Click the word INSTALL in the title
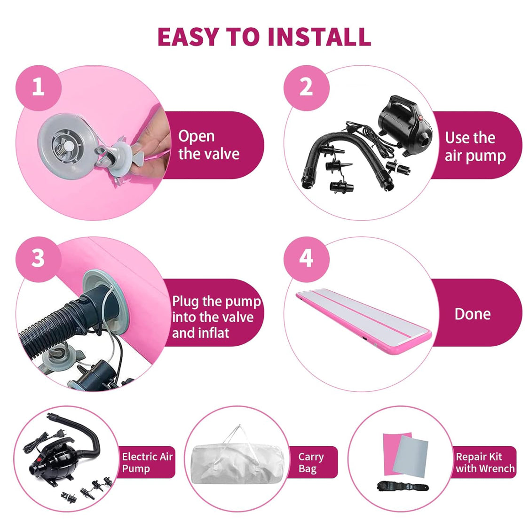pyautogui.click(x=319, y=37)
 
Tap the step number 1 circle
pyautogui.click(x=39, y=87)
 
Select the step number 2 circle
pyautogui.click(x=306, y=87)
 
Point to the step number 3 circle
pyautogui.click(x=39, y=259)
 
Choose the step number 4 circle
pyautogui.click(x=306, y=259)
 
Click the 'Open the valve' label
pyautogui.click(x=209, y=145)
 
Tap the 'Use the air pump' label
pyautogui.click(x=475, y=147)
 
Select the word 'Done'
pyautogui.click(x=472, y=314)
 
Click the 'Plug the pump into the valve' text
pyautogui.click(x=216, y=309)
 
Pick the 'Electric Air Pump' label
pyautogui.click(x=148, y=463)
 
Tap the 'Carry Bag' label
pyautogui.click(x=311, y=463)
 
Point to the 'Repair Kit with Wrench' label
pyautogui.click(x=485, y=463)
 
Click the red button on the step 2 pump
pyautogui.click(x=421, y=118)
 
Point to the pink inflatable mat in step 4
pyautogui.click(x=363, y=319)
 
